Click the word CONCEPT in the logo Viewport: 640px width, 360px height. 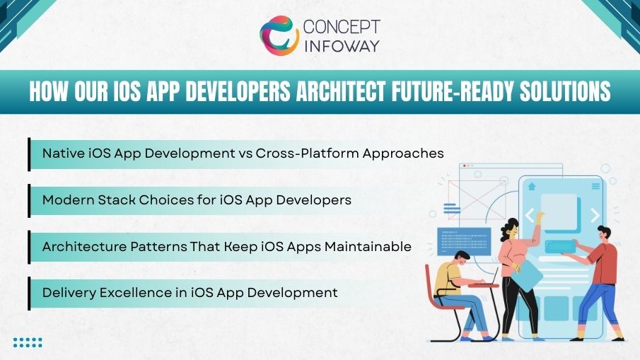pyautogui.click(x=341, y=27)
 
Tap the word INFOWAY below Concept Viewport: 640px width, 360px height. pyautogui.click(x=341, y=46)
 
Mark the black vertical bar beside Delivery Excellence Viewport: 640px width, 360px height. pyautogui.click(x=29, y=293)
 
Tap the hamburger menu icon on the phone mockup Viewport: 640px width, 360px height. pyautogui.click(x=595, y=186)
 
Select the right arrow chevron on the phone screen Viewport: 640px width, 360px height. pyautogui.click(x=595, y=215)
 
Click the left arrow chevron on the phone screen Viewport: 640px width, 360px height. pyautogui.click(x=529, y=215)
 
